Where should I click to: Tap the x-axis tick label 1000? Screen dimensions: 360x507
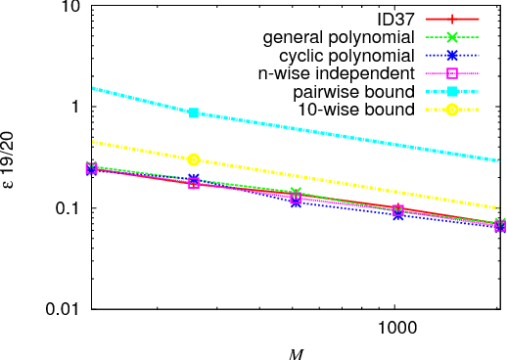tap(392, 329)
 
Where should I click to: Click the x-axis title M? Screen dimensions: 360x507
tap(296, 351)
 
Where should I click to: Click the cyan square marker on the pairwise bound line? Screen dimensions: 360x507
tap(194, 112)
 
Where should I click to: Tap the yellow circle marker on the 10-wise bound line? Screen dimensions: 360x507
tap(194, 159)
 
